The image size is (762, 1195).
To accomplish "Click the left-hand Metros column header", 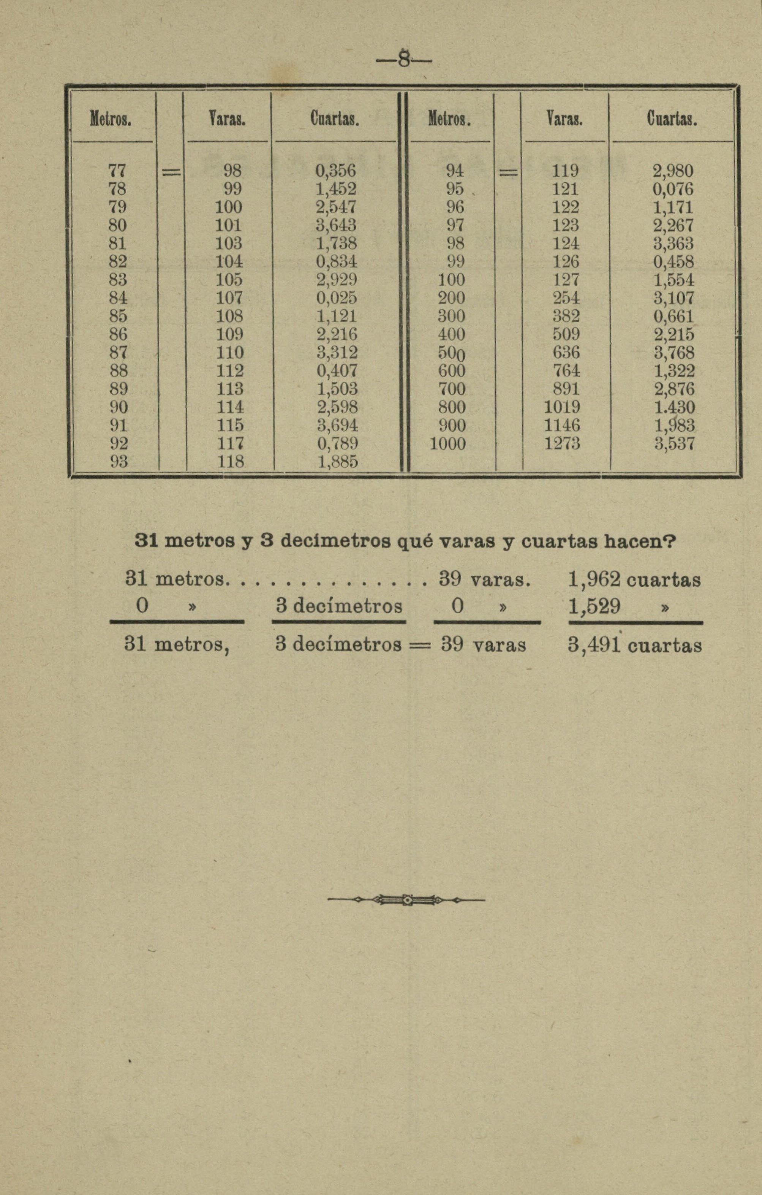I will [x=110, y=119].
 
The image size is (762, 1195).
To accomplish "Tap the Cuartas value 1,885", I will [x=337, y=462].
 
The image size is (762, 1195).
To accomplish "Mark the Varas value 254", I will [x=566, y=298].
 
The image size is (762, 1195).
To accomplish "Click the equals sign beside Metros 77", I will [x=170, y=172].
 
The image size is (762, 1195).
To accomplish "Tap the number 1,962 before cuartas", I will [x=594, y=579].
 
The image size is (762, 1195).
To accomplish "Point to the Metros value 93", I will [x=119, y=462].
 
